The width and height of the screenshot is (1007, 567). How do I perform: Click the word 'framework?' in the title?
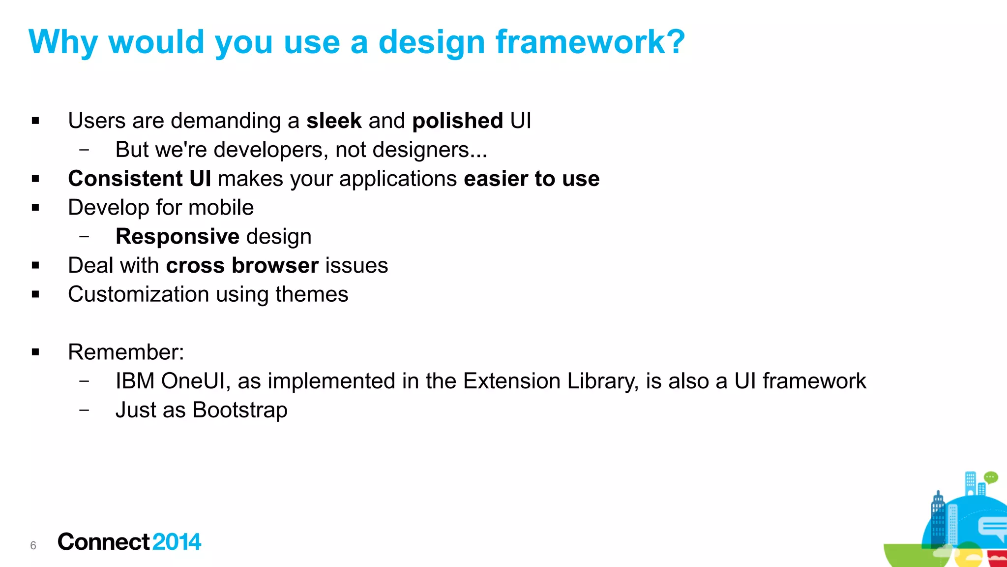(x=590, y=42)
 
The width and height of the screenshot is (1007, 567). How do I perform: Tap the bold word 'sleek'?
(x=334, y=121)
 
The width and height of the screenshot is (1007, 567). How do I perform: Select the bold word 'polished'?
(x=458, y=121)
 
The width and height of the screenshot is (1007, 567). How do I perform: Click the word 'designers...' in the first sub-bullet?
(x=430, y=150)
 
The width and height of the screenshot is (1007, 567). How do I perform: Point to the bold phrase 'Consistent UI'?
(x=140, y=179)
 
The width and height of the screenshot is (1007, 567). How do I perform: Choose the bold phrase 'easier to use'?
(x=532, y=179)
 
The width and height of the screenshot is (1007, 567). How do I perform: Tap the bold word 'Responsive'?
(x=178, y=237)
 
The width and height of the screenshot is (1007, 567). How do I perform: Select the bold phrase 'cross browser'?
(x=242, y=266)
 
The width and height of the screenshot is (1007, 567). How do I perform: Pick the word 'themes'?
(x=312, y=294)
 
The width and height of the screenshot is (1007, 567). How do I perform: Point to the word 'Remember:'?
(x=126, y=352)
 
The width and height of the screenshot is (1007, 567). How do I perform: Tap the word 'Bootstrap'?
(x=240, y=410)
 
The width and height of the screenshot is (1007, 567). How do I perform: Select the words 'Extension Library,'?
(x=551, y=381)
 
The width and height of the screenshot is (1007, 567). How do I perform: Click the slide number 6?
(x=33, y=545)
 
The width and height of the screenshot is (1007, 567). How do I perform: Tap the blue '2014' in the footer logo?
(x=177, y=542)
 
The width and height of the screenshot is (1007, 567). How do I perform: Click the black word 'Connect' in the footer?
(x=103, y=542)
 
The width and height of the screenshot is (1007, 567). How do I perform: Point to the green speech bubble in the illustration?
(x=991, y=477)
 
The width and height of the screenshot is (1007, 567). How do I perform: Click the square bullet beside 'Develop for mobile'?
(x=35, y=208)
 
